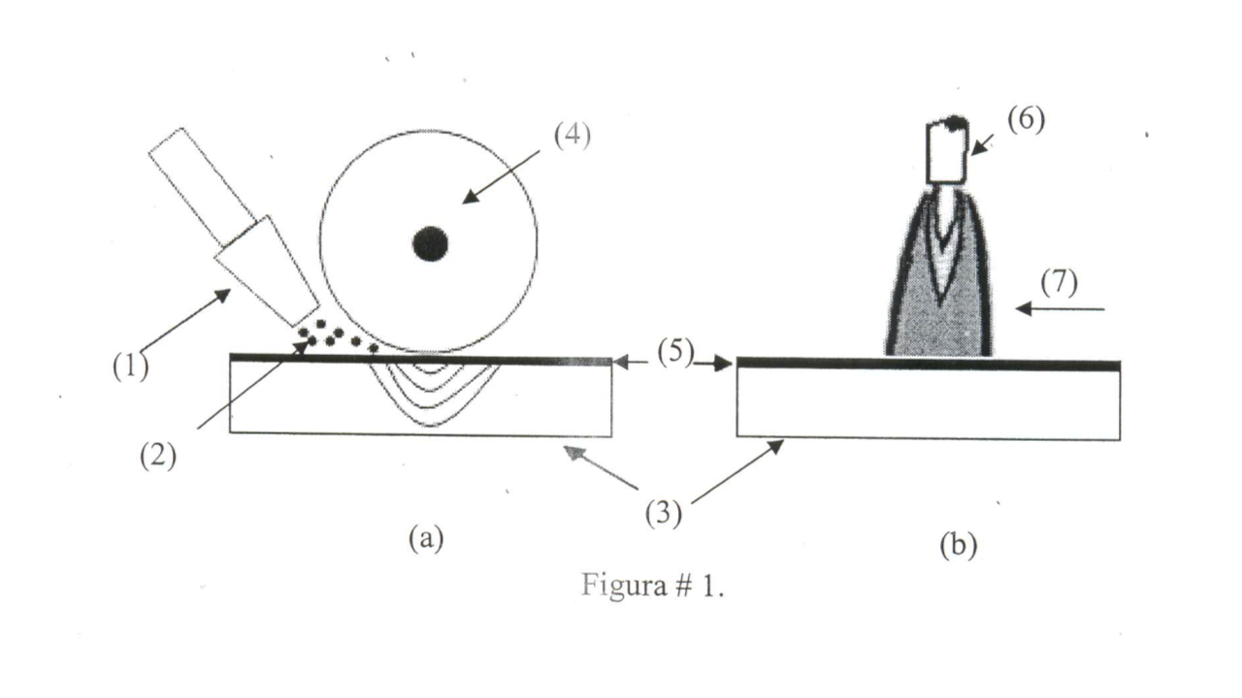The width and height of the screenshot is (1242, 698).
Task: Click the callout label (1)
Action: click(x=131, y=366)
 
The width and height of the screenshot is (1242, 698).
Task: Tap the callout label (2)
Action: click(x=158, y=457)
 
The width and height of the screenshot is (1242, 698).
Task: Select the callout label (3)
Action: click(x=664, y=514)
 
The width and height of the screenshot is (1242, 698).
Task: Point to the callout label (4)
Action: click(x=572, y=136)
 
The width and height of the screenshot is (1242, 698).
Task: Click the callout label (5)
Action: click(x=676, y=352)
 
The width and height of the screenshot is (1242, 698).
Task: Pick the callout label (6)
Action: click(x=1027, y=119)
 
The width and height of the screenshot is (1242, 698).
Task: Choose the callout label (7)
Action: click(x=1059, y=282)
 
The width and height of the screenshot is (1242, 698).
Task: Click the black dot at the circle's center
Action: click(x=431, y=243)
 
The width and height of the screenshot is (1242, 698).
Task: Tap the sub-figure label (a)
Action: click(x=426, y=538)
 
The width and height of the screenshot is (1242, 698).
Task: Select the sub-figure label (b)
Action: click(x=958, y=545)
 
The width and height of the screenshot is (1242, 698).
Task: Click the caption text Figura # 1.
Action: click(x=653, y=586)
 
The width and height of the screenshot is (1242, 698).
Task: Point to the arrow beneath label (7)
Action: click(x=1061, y=308)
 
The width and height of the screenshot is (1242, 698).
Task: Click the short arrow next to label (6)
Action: click(x=981, y=144)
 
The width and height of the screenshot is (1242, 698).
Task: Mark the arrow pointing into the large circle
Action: click(x=501, y=176)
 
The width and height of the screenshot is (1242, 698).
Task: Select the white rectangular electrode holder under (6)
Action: click(x=948, y=152)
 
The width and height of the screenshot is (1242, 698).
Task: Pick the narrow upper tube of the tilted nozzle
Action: click(x=203, y=187)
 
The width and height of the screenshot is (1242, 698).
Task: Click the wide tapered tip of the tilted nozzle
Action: click(x=267, y=271)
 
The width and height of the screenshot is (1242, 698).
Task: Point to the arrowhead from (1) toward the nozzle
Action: click(x=223, y=295)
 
